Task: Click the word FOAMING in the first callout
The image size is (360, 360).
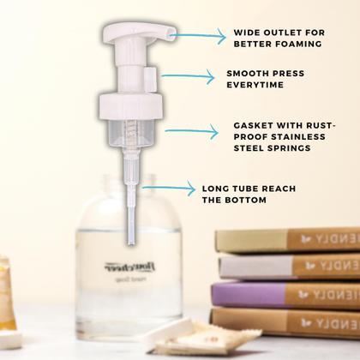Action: click(301, 43)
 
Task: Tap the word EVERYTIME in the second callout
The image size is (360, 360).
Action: click(255, 86)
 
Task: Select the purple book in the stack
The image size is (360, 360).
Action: click(286, 294)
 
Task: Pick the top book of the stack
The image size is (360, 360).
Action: click(288, 240)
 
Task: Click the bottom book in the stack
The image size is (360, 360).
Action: click(286, 321)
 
